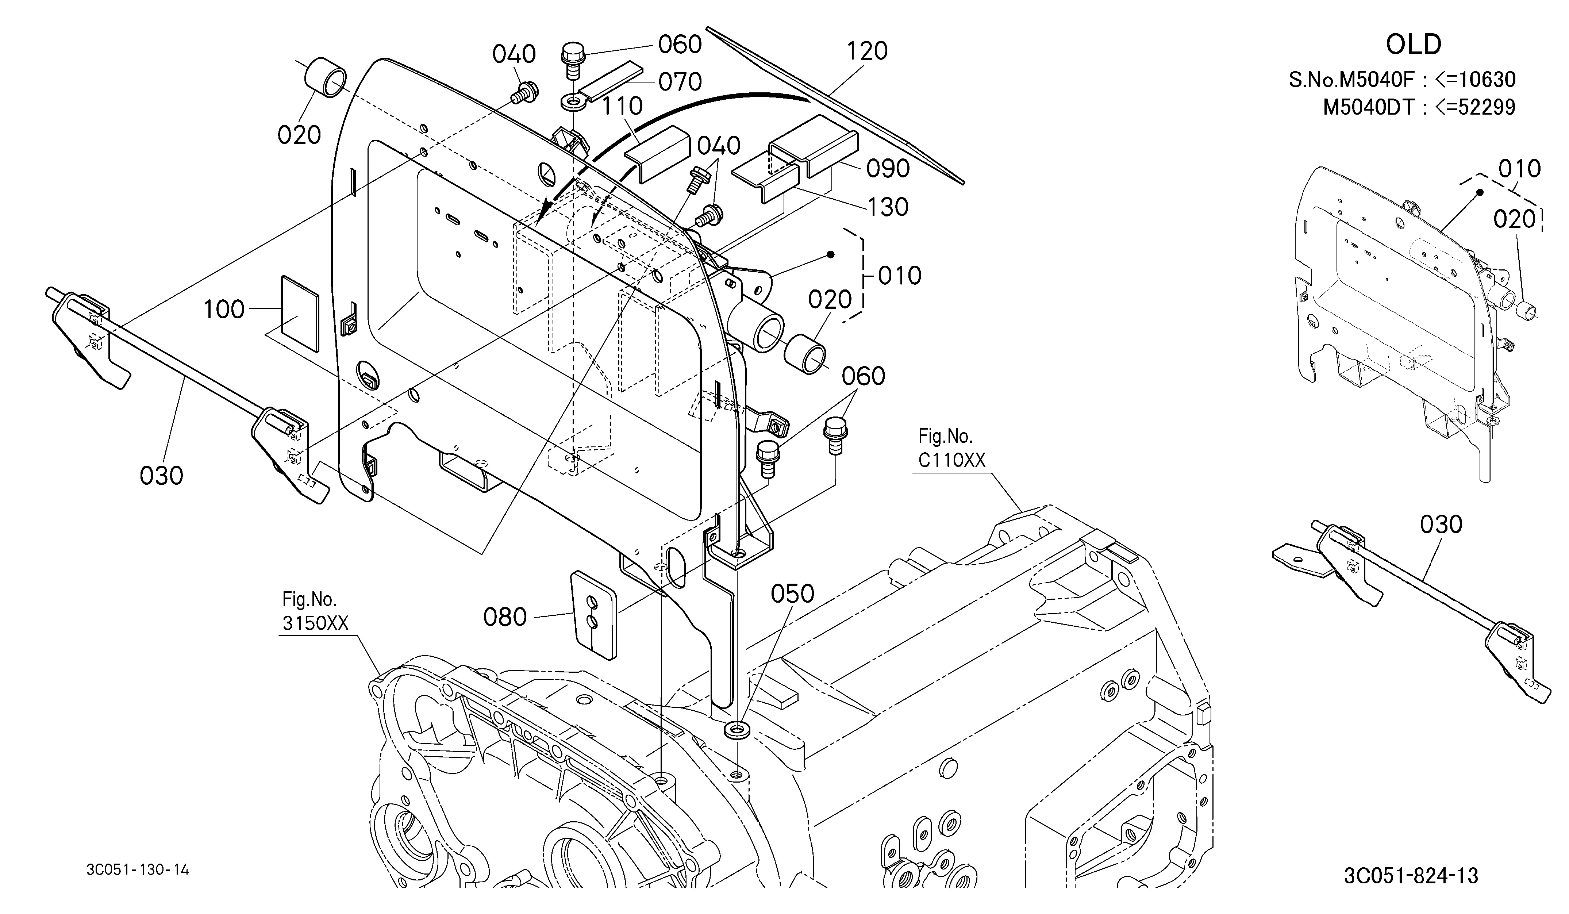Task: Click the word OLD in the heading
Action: (x=1414, y=44)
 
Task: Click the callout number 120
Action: (x=867, y=51)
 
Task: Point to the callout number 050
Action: (x=793, y=594)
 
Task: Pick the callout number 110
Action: (x=622, y=107)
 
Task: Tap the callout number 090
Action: (x=888, y=168)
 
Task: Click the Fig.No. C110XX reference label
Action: (x=952, y=448)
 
